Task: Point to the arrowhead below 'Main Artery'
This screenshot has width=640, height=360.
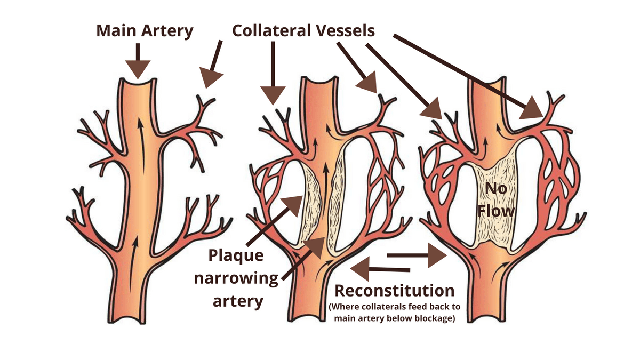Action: tap(138, 69)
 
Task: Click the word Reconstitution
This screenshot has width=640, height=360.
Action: tap(394, 291)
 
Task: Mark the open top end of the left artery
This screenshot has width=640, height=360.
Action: tap(138, 82)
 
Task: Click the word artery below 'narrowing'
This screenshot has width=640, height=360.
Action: tap(238, 301)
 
